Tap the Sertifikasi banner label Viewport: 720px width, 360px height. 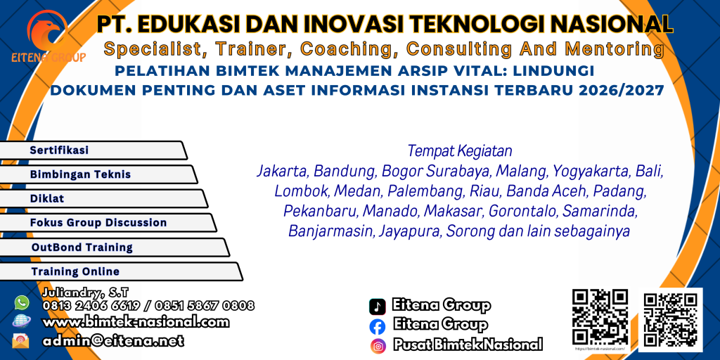coord(59,150)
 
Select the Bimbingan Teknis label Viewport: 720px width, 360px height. coord(80,174)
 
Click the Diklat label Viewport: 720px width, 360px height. coord(46,198)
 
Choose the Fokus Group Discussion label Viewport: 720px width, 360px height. coord(98,222)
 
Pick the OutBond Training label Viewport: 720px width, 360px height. coord(82,247)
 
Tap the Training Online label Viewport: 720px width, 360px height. coord(75,271)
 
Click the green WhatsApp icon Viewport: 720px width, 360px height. coord(22,302)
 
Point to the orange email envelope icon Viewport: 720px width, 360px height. coord(22,340)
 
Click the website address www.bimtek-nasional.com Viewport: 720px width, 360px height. coord(136,322)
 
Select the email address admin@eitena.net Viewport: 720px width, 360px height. coord(113,340)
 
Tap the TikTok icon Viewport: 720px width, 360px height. coord(378,306)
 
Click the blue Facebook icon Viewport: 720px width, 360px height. coord(378,326)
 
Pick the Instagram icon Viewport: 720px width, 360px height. coord(378,345)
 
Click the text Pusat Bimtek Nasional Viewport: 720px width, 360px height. coord(468,345)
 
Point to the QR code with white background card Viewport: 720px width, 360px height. coord(670,320)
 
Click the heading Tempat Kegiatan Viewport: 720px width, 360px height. coord(460,150)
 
